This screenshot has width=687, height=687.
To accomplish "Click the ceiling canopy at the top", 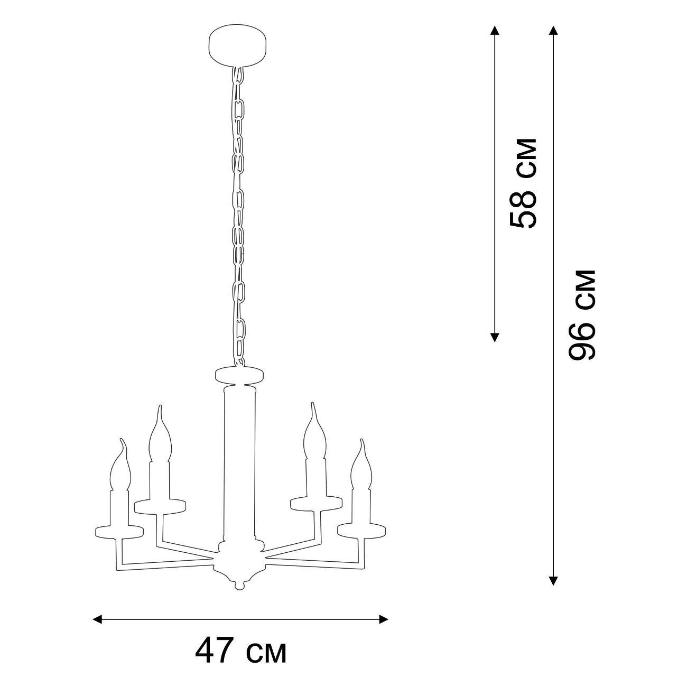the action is (238, 45).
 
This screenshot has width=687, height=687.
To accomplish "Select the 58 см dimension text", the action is (523, 183).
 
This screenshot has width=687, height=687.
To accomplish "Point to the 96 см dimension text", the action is (582, 315).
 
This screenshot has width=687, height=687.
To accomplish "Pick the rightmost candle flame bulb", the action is (361, 465).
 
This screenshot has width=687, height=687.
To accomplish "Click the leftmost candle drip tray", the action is (119, 532).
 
